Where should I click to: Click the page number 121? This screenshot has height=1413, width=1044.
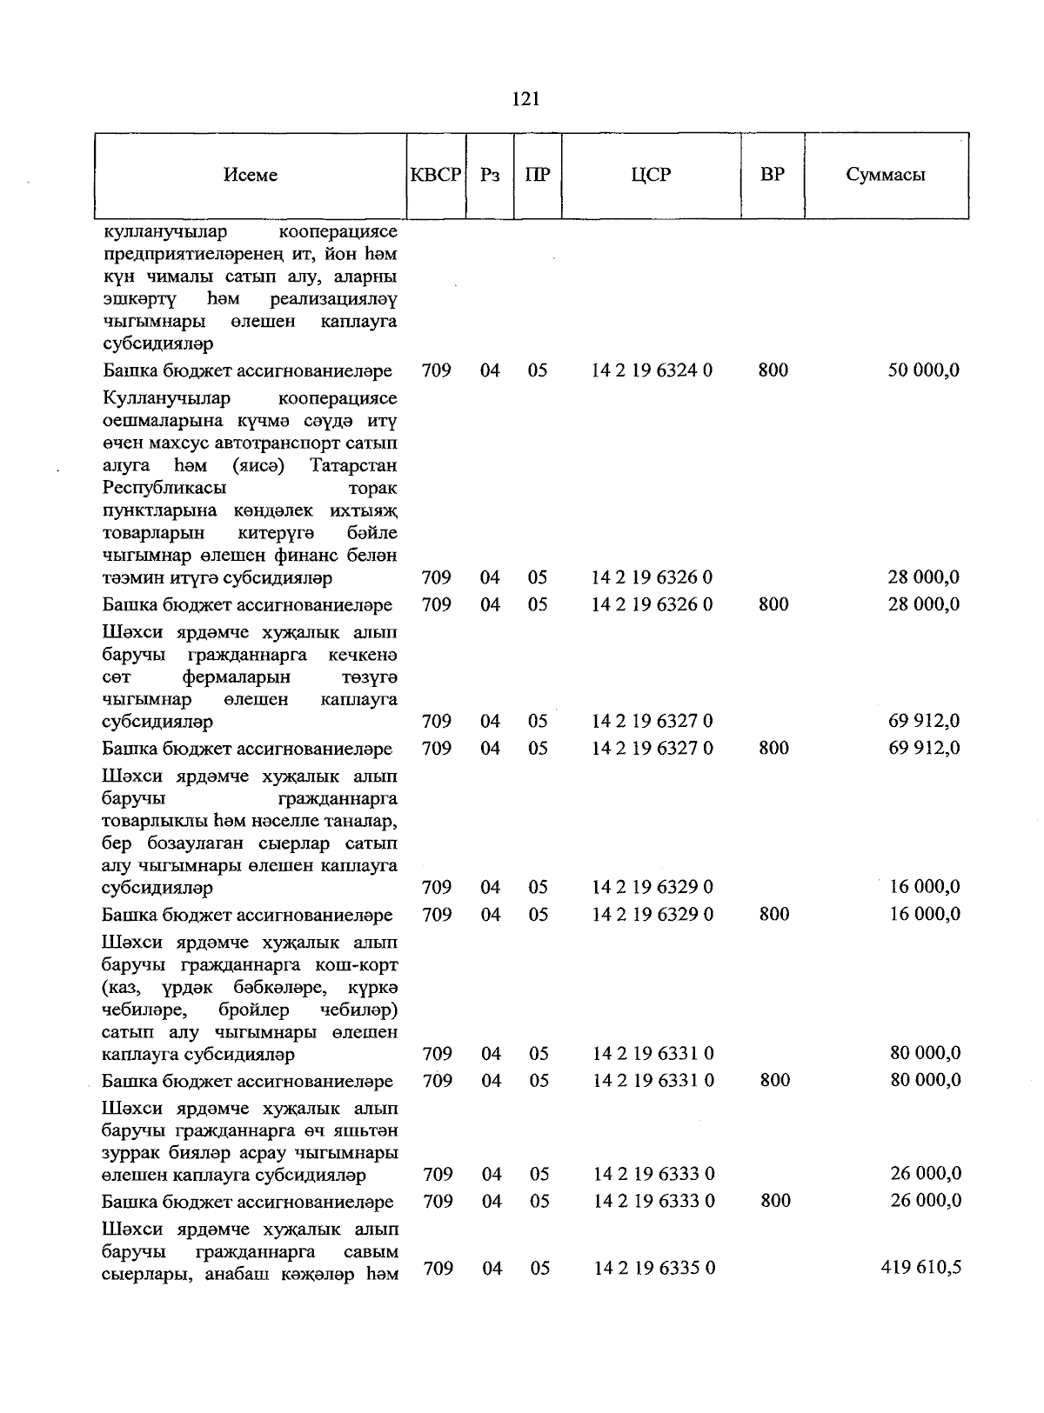[x=526, y=99]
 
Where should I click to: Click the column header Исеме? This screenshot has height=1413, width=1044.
[x=251, y=175]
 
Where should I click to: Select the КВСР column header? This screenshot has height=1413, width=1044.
[x=436, y=175]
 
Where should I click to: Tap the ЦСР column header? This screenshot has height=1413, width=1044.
[x=652, y=175]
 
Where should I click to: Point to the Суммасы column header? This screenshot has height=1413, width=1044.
[x=886, y=175]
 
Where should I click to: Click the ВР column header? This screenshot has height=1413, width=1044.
[x=772, y=175]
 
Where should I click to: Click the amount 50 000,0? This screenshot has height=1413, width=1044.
[x=923, y=370]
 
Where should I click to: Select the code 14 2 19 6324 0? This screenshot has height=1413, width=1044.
[x=652, y=370]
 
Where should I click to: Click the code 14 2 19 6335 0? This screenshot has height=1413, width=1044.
[x=654, y=1269]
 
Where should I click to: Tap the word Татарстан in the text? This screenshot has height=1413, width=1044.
[x=353, y=465]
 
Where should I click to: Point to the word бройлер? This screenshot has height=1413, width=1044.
[x=254, y=1010]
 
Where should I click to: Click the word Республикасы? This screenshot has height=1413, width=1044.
[x=164, y=488]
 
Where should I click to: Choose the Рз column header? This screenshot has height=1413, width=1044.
[x=490, y=175]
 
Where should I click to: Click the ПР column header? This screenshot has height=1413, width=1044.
[x=538, y=175]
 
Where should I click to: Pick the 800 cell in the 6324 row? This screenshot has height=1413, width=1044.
[x=773, y=370]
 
